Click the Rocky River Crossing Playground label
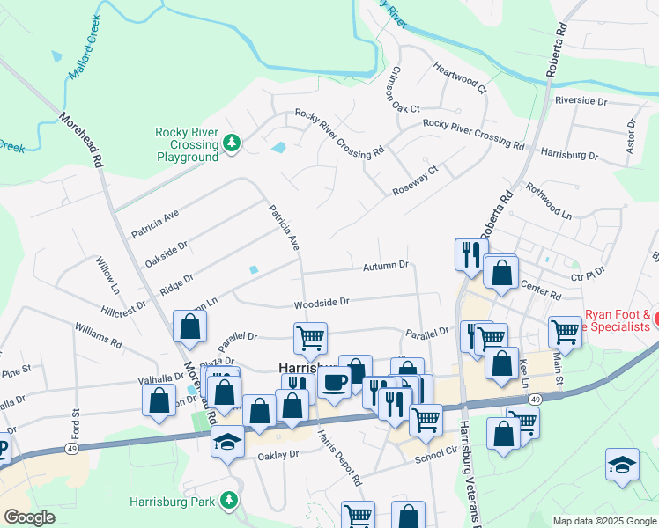coord(186,144)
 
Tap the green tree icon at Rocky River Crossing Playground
coord(232,143)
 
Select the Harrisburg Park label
coord(173,502)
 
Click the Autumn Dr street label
coord(386,265)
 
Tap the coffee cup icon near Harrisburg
coord(334,382)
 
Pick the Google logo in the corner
coord(30,517)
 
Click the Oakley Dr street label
coord(278,456)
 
